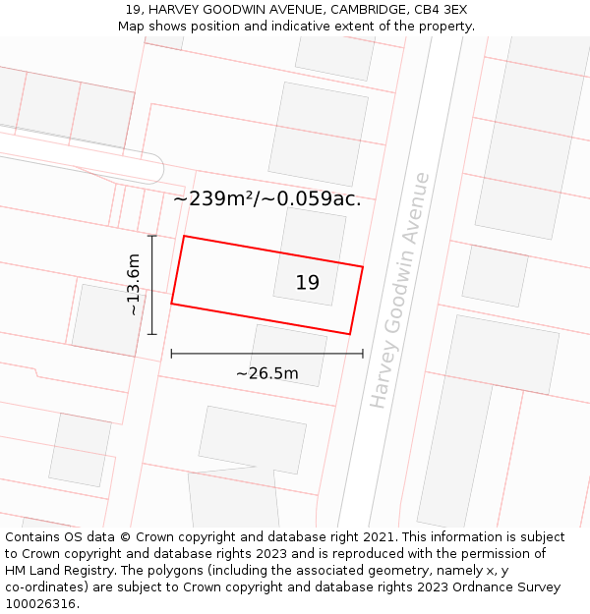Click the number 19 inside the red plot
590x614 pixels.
[307, 283]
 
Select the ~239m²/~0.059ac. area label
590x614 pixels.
[267, 198]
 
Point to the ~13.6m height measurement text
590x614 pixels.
[134, 285]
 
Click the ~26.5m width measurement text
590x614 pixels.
[266, 373]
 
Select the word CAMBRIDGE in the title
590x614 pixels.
[363, 10]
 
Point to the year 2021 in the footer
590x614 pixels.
[378, 537]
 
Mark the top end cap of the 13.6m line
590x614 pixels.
[151, 236]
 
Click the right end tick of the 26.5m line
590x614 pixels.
[363, 354]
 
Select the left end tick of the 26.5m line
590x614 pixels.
[172, 354]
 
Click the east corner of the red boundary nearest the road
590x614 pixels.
[363, 266]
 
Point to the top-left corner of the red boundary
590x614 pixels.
[184, 236]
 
